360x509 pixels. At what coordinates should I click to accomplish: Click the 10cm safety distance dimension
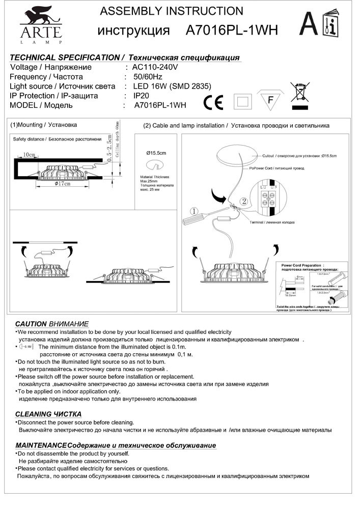pyautogui.click(x=29, y=155)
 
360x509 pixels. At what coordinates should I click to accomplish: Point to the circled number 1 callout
pyautogui.click(x=193, y=211)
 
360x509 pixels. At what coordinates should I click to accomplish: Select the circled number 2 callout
pyautogui.click(x=244, y=202)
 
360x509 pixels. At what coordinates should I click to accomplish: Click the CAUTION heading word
pyautogui.click(x=31, y=324)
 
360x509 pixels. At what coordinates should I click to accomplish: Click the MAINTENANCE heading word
pyautogui.click(x=41, y=445)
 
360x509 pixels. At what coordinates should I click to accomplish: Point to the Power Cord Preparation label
pyautogui.click(x=302, y=265)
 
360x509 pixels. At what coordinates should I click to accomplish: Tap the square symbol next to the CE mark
pyautogui.click(x=243, y=101)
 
